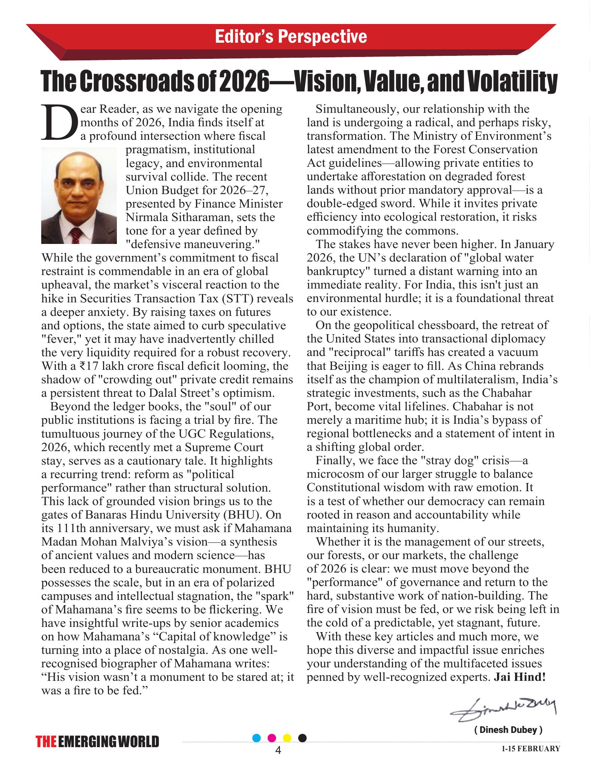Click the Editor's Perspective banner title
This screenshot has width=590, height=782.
click(x=291, y=37)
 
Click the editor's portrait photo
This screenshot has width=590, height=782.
click(x=79, y=195)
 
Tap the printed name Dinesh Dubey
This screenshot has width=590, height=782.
click(x=508, y=730)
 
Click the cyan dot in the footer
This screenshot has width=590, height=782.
click(x=257, y=738)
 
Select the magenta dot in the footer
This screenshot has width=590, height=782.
click(x=272, y=738)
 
